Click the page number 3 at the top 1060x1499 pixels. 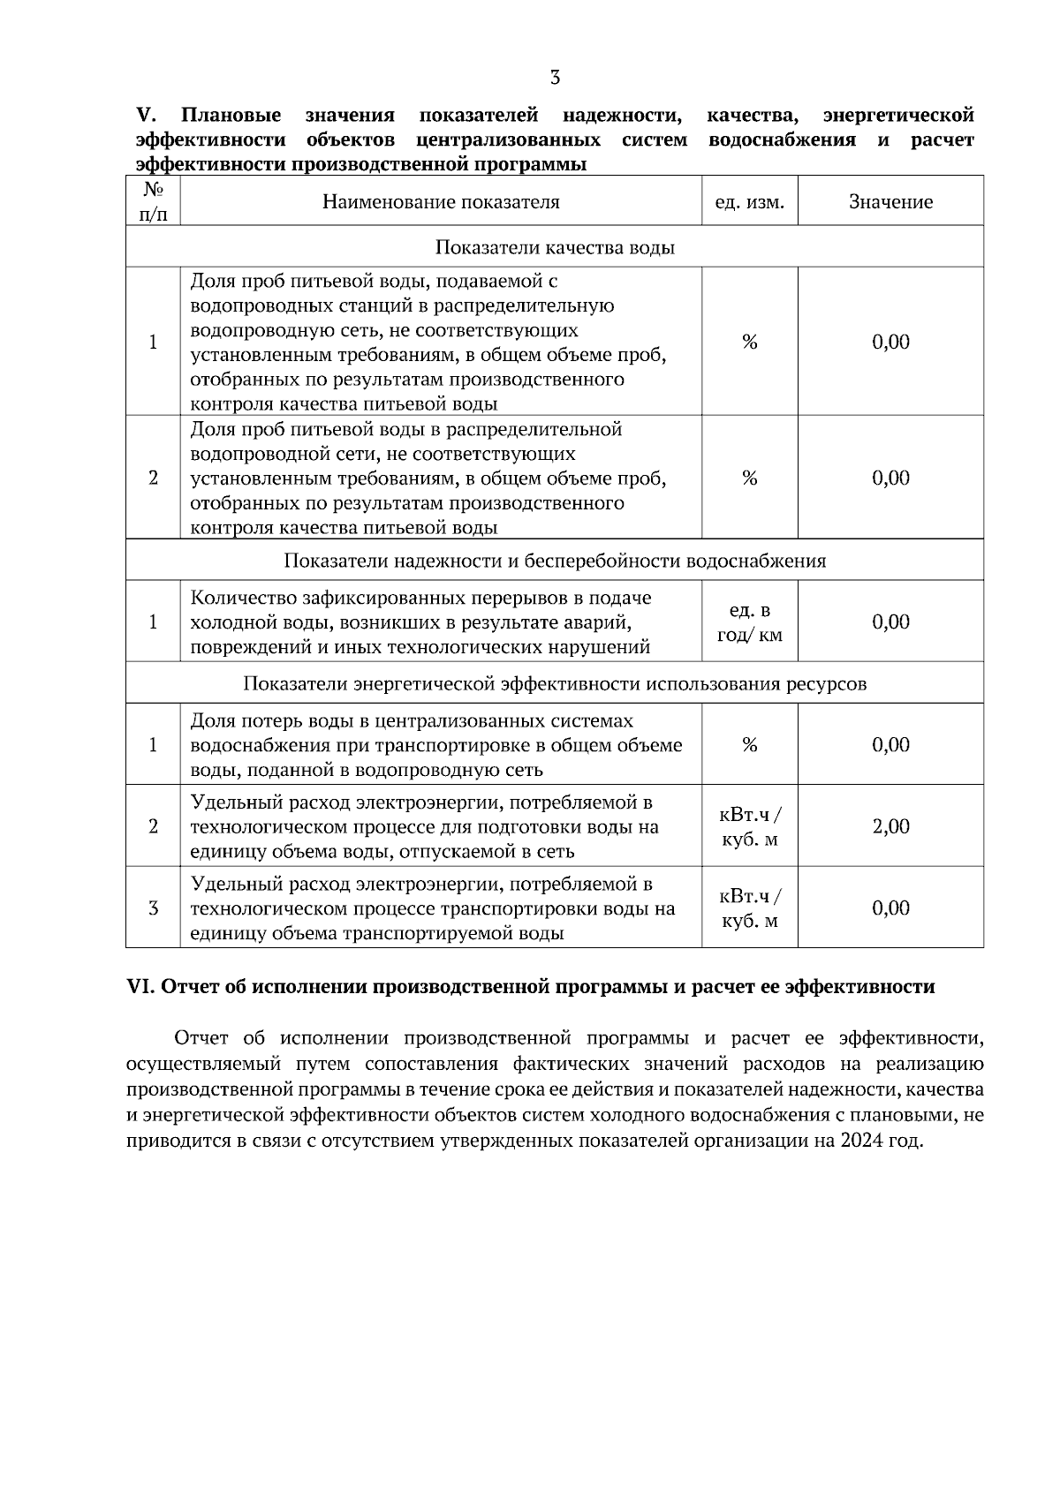coord(555,78)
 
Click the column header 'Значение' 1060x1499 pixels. coord(890,202)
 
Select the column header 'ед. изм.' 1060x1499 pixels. coord(749,202)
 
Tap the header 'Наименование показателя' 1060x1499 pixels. coord(441,202)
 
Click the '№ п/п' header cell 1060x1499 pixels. coord(153,201)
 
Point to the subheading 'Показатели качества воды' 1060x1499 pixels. coord(555,247)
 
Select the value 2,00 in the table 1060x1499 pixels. coord(890,826)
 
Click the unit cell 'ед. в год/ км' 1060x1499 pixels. coord(749,622)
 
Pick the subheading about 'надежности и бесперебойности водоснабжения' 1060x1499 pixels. coord(555,561)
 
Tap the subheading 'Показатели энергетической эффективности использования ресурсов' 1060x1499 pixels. coord(555,683)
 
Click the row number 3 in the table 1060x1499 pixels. coord(153,908)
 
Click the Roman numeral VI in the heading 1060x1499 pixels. coord(141,987)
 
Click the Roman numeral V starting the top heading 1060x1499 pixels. coord(145,116)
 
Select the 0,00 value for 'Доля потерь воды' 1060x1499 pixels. coord(890,745)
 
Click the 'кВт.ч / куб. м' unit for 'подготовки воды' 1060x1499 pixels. coord(749,826)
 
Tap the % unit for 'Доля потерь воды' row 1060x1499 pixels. coord(749,745)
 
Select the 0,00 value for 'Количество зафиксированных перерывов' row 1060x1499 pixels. coord(890,622)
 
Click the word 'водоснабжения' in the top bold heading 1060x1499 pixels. coord(782,140)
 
